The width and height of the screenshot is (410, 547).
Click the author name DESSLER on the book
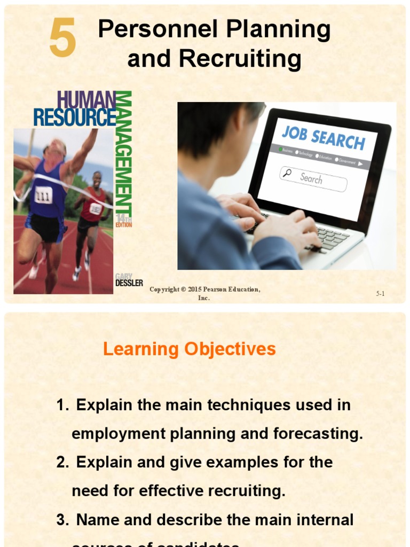(129, 283)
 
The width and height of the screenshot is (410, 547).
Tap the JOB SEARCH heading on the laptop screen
(323, 137)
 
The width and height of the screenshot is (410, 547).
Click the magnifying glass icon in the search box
(287, 173)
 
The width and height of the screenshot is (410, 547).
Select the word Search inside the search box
(311, 178)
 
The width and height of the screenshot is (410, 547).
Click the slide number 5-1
(380, 293)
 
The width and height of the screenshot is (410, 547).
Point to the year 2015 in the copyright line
(195, 290)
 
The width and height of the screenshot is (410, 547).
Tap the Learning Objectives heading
(189, 349)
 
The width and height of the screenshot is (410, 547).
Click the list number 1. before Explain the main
(62, 405)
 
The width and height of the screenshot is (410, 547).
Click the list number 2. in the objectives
(62, 462)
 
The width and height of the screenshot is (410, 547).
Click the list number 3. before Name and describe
(62, 519)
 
